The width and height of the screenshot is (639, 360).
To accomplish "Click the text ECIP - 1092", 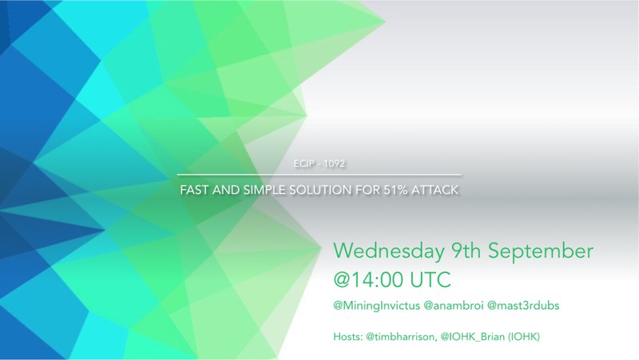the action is click(x=319, y=164).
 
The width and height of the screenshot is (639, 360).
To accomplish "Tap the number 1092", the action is click(x=334, y=164).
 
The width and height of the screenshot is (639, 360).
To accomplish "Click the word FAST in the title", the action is click(x=194, y=190).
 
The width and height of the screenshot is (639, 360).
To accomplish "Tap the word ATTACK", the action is click(x=435, y=190).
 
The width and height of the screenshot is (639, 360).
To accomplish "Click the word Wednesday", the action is click(x=389, y=251).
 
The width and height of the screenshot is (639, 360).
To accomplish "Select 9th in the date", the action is click(x=466, y=250).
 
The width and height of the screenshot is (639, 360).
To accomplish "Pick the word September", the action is click(x=541, y=251).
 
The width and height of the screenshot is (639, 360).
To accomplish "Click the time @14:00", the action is click(x=369, y=279).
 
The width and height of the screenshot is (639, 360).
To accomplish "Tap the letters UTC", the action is click(x=431, y=279).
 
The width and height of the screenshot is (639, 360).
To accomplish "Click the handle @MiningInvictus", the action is click(x=376, y=306).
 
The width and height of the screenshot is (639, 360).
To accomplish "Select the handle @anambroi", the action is click(x=454, y=306).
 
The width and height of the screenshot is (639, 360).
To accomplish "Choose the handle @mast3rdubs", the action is click(x=523, y=306).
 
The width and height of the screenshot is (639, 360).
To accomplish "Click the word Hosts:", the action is click(x=348, y=337).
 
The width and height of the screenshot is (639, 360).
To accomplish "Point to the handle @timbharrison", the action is click(x=402, y=337).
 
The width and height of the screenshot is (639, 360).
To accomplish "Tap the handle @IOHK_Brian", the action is click(x=472, y=337).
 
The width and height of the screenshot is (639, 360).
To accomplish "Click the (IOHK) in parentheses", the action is click(x=524, y=337).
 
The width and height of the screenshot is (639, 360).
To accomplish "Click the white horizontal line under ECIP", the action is click(x=319, y=175).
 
